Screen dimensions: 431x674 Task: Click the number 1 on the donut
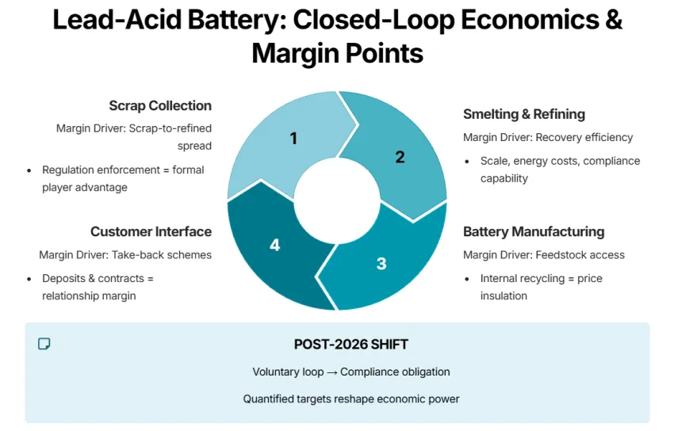pos(293,139)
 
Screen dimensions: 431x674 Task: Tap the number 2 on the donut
pos(400,157)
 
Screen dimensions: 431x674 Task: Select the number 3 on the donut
pos(381,263)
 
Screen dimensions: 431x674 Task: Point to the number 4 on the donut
pos(275,245)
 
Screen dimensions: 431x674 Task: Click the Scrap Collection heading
pos(160,105)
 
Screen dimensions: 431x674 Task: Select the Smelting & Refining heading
pos(523,114)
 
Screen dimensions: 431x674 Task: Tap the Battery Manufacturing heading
pos(534,232)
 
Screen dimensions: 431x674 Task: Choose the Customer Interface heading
pos(151,232)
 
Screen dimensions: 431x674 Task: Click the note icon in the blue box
pos(44,344)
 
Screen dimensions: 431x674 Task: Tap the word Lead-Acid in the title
pos(105,21)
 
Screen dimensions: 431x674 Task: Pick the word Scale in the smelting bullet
pos(494,161)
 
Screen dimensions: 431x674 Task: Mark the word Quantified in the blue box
pos(270,399)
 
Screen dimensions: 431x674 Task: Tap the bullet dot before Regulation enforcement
pos(29,170)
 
